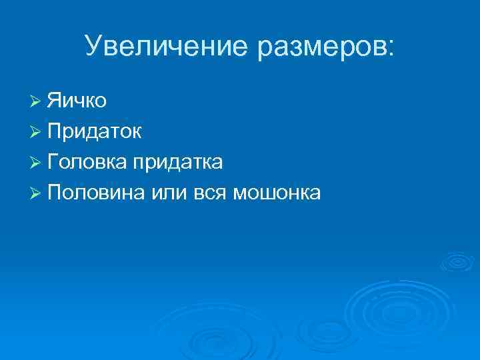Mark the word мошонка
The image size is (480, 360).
277,193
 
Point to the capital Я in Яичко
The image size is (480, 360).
55,101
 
